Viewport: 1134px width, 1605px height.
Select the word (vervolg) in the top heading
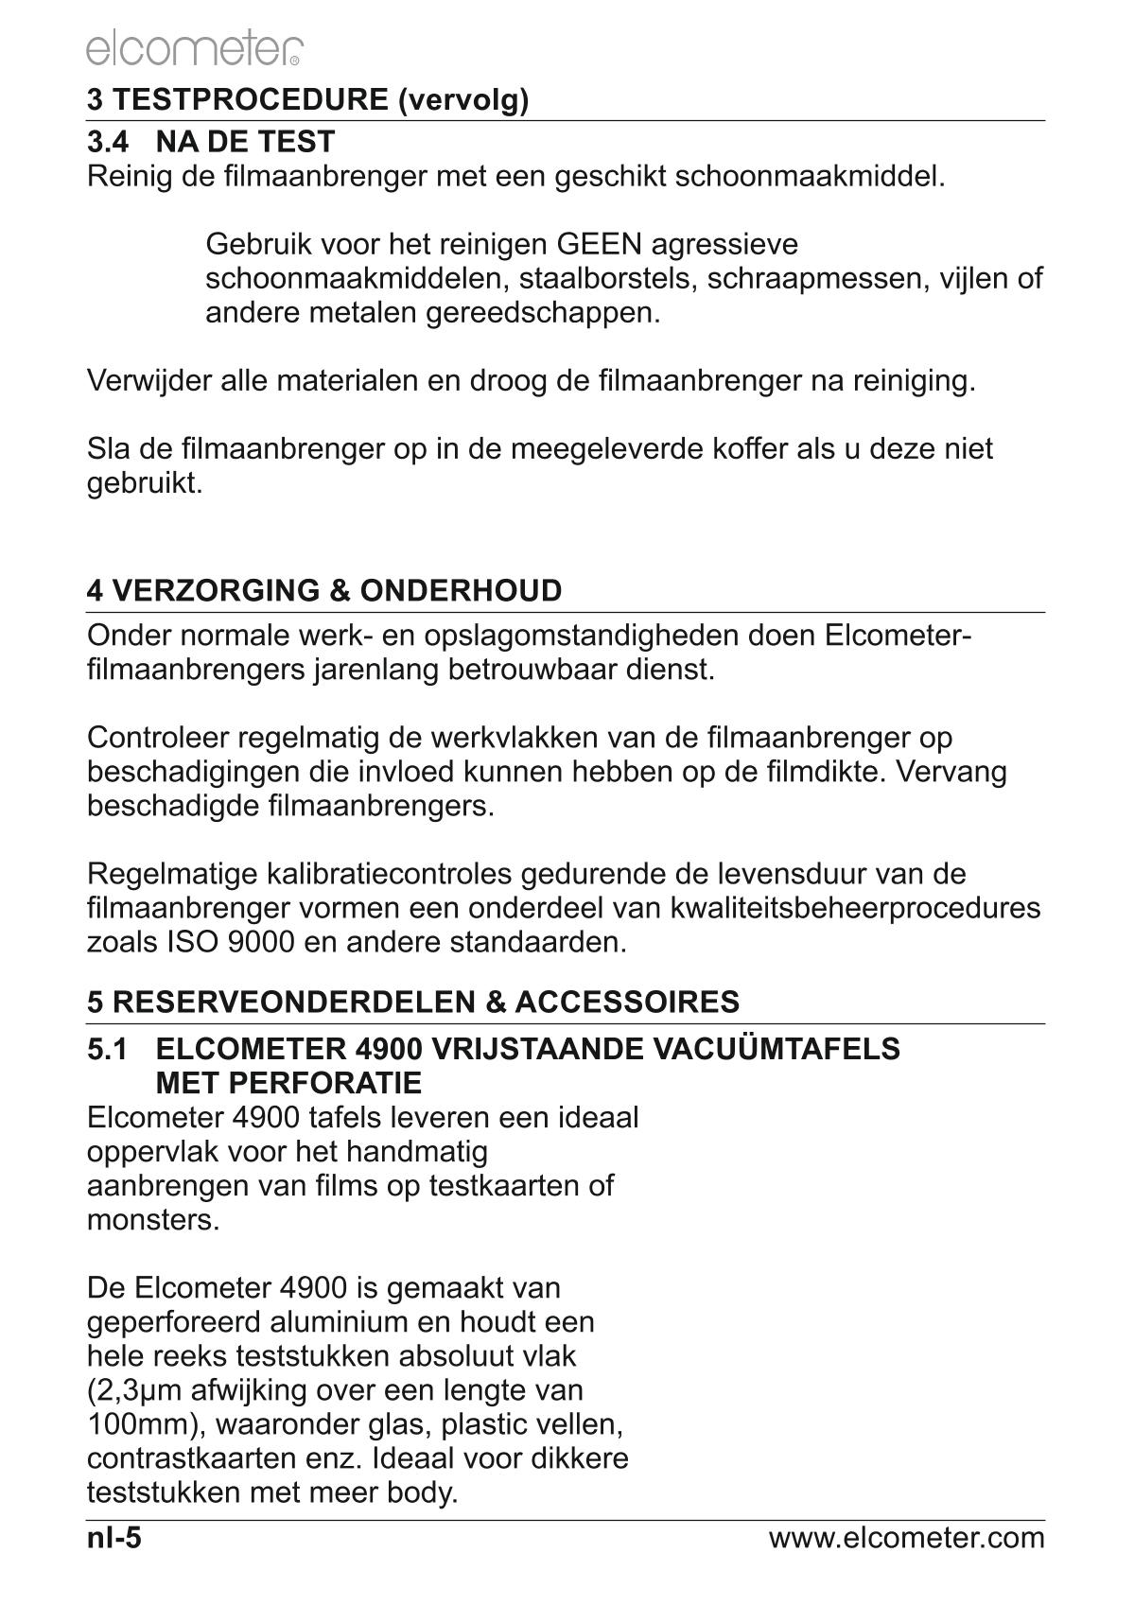[x=463, y=100]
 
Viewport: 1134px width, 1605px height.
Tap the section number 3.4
[x=107, y=143]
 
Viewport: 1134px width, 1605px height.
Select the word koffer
[x=743, y=448]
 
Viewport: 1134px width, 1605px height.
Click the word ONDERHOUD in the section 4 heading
[x=462, y=591]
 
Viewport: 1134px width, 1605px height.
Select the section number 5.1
[x=107, y=1049]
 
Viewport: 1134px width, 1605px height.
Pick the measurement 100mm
[x=134, y=1424]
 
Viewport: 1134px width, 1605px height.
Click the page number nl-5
[x=113, y=1538]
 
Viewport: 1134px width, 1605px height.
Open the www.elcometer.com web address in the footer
[x=906, y=1538]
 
